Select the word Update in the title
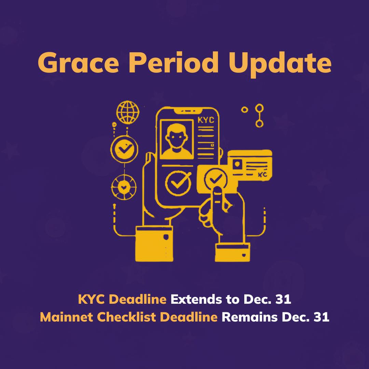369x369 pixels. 280,63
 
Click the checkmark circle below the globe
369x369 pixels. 124,148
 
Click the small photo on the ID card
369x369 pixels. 237,164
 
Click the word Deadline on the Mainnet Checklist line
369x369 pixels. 189,317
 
